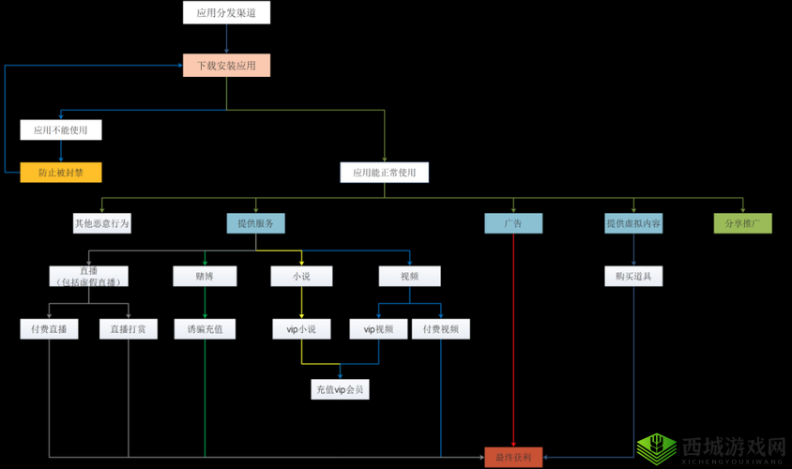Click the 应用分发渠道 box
tap(226, 12)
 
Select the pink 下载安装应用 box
tap(226, 66)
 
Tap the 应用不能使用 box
tap(61, 130)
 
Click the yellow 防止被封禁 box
tap(61, 173)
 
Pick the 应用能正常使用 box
tap(384, 173)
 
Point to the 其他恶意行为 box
tap(102, 223)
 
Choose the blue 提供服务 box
tap(255, 223)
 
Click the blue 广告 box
tap(513, 223)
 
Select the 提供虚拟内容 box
tap(633, 223)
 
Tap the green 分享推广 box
tap(743, 223)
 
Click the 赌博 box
tap(205, 276)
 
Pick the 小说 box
tap(301, 276)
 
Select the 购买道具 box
tap(633, 276)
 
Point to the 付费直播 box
tap(49, 329)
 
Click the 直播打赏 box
tap(129, 329)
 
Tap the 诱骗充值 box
tap(205, 329)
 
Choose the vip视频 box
tap(378, 329)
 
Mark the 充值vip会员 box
tap(340, 389)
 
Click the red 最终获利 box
tap(513, 458)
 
